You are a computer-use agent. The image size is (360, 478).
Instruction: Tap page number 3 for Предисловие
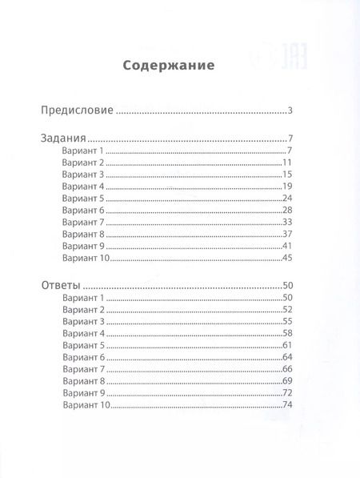[x=293, y=110]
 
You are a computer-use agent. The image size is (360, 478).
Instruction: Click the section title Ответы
[x=61, y=285]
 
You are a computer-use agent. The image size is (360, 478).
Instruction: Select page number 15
[x=290, y=174]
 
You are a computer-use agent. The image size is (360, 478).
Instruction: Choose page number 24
[x=290, y=197]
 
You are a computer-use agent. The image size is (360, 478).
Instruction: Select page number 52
[x=290, y=309]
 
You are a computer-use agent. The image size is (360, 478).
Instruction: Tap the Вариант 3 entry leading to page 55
[x=82, y=321]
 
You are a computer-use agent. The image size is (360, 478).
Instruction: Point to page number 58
[x=290, y=332]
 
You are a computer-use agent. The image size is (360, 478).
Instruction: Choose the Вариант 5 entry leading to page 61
[x=82, y=344]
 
